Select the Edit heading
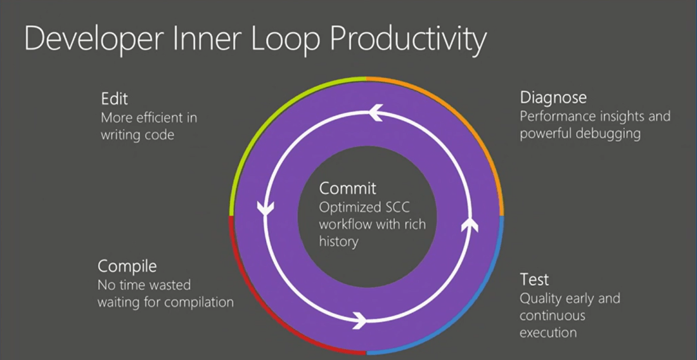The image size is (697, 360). click(115, 98)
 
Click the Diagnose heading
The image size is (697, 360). click(553, 98)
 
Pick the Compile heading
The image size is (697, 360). click(127, 267)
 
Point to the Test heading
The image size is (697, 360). click(534, 280)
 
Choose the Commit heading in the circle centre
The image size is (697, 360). click(348, 188)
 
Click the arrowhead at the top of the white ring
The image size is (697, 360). click(376, 113)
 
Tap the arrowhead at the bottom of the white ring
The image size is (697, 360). click(359, 319)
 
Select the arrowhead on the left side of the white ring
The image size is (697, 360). click(266, 208)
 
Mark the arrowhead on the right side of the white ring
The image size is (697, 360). click(470, 224)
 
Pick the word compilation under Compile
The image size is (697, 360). click(199, 303)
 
